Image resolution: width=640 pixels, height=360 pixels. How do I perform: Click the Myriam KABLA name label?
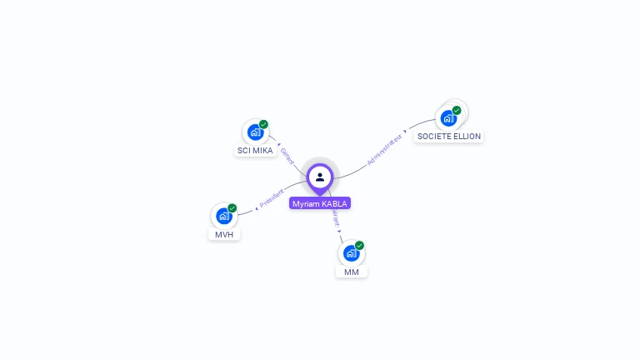(x=320, y=203)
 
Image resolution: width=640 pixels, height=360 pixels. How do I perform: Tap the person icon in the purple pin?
(x=320, y=177)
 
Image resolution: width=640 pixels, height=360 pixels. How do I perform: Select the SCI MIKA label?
(x=255, y=151)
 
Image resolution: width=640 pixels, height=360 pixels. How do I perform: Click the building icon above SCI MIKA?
(x=255, y=132)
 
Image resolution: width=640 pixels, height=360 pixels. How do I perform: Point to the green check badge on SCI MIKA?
(x=263, y=124)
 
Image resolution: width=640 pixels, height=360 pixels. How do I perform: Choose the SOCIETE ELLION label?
(x=448, y=136)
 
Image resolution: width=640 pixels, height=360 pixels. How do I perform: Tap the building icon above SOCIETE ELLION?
(x=449, y=117)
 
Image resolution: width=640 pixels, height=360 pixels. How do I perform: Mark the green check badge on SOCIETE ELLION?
(x=457, y=110)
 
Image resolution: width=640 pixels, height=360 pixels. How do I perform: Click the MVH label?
(x=223, y=234)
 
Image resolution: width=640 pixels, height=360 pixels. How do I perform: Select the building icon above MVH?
(x=223, y=216)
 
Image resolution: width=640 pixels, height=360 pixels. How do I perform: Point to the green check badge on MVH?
(x=232, y=207)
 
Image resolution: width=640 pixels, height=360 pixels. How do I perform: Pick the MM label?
(x=352, y=272)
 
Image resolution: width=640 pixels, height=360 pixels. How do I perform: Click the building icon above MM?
(x=351, y=253)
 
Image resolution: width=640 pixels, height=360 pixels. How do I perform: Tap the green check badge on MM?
(x=359, y=245)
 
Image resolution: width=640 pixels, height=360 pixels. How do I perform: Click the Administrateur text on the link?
(x=384, y=148)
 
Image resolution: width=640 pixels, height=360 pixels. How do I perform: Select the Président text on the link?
(x=272, y=197)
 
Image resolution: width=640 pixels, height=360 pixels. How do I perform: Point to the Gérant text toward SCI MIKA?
(x=287, y=156)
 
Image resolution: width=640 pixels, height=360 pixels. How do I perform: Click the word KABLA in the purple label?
(x=335, y=203)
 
